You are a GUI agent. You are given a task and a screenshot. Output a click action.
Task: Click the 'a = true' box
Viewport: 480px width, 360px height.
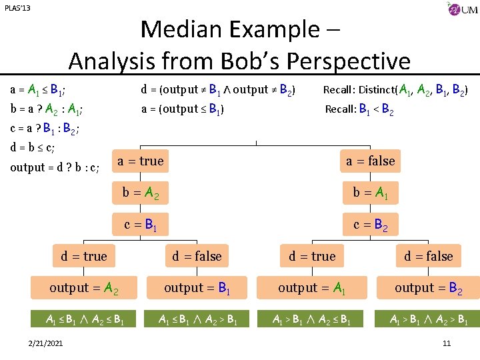(140, 161)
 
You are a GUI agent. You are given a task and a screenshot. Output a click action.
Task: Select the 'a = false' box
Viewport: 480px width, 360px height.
(369, 161)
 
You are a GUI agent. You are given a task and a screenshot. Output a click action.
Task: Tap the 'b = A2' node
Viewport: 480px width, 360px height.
(141, 193)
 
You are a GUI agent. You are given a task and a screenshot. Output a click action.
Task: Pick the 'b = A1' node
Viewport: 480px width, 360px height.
(370, 193)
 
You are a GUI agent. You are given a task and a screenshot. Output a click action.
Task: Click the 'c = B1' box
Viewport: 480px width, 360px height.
(141, 225)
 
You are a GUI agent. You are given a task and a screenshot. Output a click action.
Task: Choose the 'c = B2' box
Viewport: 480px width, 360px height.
(370, 225)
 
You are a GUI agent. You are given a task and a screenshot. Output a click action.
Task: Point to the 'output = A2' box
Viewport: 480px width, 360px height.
(83, 288)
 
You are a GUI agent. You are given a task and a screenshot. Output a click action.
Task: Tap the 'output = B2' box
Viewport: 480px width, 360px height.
(428, 288)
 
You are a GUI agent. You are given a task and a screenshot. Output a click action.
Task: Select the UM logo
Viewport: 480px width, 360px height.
(462, 10)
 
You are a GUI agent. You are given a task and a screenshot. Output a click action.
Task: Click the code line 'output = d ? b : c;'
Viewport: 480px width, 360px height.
(55, 167)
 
